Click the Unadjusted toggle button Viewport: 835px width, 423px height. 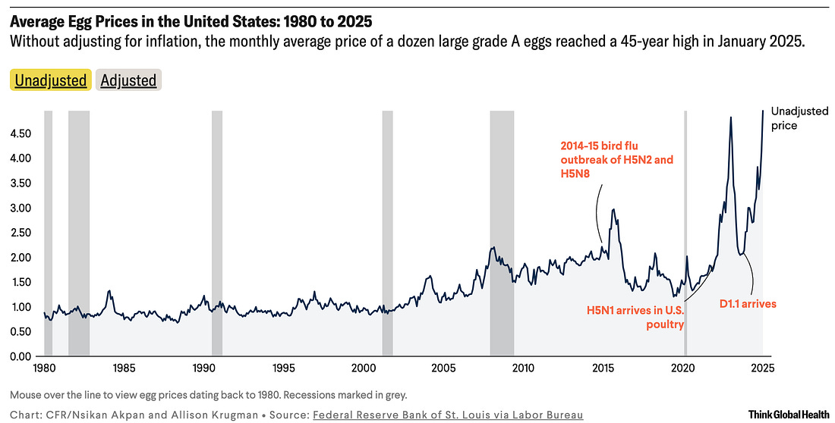coord(51,80)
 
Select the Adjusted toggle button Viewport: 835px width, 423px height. coord(128,80)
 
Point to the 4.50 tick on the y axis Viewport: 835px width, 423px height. coord(20,134)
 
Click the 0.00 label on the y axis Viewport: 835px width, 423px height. coord(20,356)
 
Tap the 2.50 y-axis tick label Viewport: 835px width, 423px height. coord(20,233)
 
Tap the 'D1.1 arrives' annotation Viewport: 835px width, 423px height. coord(748,304)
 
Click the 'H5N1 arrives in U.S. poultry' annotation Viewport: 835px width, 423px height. coord(635,317)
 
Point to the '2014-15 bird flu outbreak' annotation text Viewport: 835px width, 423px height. coord(616,159)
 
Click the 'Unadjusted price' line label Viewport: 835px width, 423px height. coord(799,117)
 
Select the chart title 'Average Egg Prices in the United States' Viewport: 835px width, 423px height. coord(191,17)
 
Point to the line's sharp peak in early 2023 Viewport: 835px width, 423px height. coord(730,117)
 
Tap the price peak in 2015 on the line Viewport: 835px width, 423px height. coord(613,209)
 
